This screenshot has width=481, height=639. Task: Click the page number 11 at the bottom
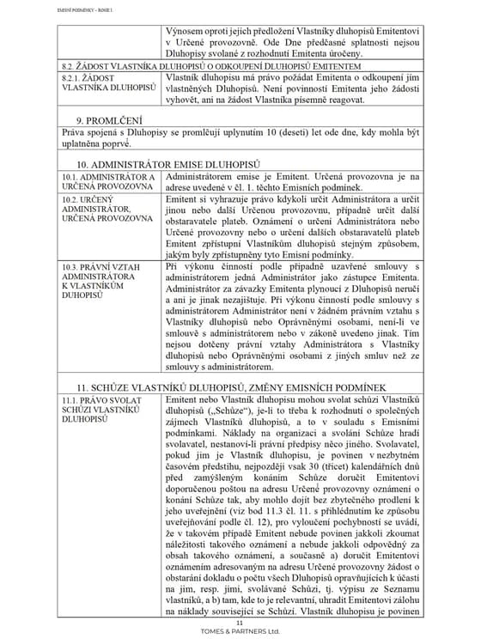(x=240, y=622)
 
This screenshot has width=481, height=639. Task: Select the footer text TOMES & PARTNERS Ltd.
(x=240, y=630)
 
